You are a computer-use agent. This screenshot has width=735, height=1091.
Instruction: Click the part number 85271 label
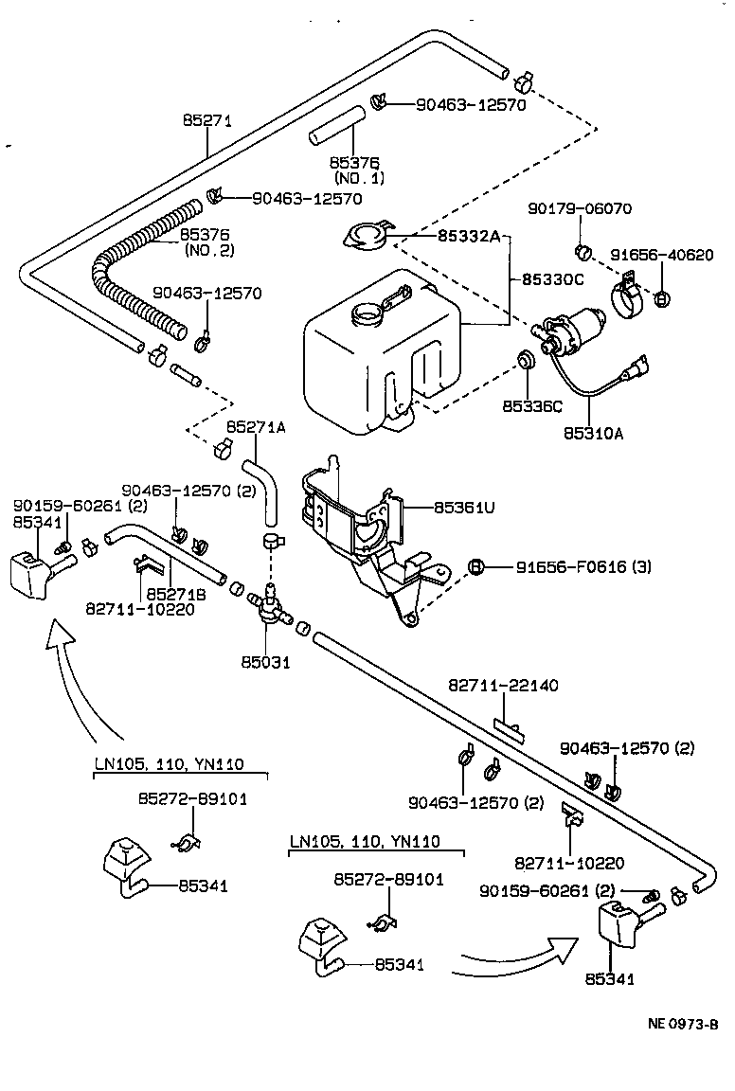(206, 120)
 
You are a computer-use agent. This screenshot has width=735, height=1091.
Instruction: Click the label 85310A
(592, 434)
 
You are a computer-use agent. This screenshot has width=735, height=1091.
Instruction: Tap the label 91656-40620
(661, 255)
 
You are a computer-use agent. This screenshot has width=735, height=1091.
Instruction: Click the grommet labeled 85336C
(523, 361)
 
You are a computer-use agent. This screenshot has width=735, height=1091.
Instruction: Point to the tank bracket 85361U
(365, 530)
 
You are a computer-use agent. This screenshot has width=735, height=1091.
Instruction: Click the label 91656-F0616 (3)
(583, 567)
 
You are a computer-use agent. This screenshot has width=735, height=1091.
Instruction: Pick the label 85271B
(170, 593)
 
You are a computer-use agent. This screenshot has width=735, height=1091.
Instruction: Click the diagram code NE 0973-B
(683, 1023)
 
